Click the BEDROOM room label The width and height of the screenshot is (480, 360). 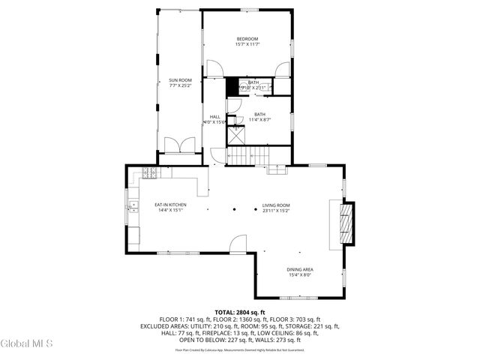pos(247,39)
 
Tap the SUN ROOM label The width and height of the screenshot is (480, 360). pos(180,80)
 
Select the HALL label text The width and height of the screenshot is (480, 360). pos(214,117)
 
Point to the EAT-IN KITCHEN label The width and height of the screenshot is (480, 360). pos(170,205)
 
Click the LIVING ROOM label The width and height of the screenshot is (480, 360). pos(276,205)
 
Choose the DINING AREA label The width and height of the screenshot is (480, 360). pos(299,269)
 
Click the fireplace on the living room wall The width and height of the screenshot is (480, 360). pos(345,223)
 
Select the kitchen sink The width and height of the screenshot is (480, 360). pos(133,204)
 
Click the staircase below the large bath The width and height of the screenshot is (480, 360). pos(248,156)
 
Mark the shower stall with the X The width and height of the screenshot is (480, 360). pos(237,136)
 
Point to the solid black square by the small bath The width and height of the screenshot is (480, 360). pos(232,86)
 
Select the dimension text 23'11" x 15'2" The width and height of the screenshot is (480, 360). pos(276,211)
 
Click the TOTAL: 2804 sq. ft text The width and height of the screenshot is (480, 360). pos(240,312)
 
